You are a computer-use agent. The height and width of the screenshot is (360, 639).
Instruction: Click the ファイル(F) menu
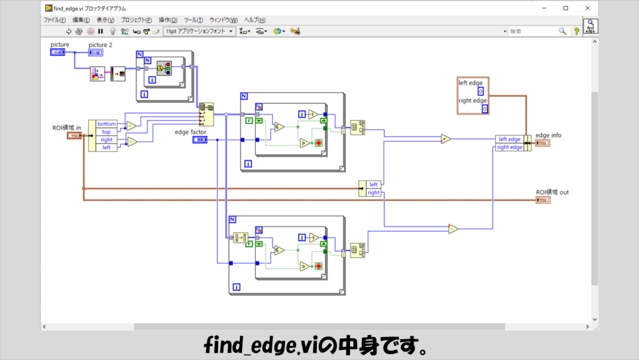point(54,20)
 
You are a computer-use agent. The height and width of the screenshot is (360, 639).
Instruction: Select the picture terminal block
point(57,52)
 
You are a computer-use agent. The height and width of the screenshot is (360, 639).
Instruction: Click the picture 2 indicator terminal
point(95,53)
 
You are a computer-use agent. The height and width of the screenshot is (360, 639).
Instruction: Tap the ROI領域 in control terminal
point(74,135)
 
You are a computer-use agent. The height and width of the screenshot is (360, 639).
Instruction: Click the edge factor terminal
point(200,140)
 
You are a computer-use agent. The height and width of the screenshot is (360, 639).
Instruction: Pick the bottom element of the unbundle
point(106,124)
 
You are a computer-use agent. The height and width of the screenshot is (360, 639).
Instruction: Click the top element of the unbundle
point(106,132)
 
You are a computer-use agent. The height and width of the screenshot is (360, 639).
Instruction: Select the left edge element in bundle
point(509,139)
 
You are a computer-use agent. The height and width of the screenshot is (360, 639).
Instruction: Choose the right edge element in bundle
point(510,147)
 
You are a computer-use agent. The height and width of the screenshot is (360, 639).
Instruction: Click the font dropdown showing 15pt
point(200,31)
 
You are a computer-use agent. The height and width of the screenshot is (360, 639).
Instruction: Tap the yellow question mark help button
point(577,31)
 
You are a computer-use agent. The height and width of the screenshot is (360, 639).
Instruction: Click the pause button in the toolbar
point(100,31)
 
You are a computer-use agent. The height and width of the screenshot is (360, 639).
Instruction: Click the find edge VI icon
point(590,27)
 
